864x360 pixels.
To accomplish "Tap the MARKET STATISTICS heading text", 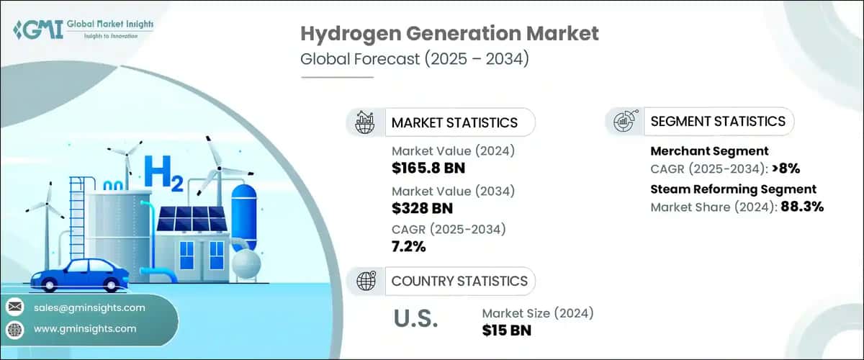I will pos(454,122).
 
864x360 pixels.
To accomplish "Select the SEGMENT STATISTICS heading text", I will pos(718,121).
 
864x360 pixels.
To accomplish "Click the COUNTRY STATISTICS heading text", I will pos(459,281).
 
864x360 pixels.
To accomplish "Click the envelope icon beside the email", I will pos(15,307).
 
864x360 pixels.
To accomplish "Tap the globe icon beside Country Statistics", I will pos(365,281).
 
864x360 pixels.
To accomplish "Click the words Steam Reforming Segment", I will pos(733,189).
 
